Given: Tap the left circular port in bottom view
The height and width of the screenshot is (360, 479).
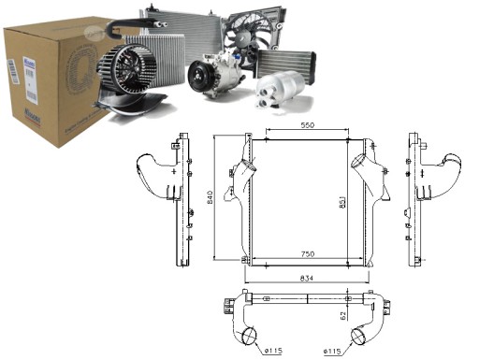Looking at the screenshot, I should point(247,336).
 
